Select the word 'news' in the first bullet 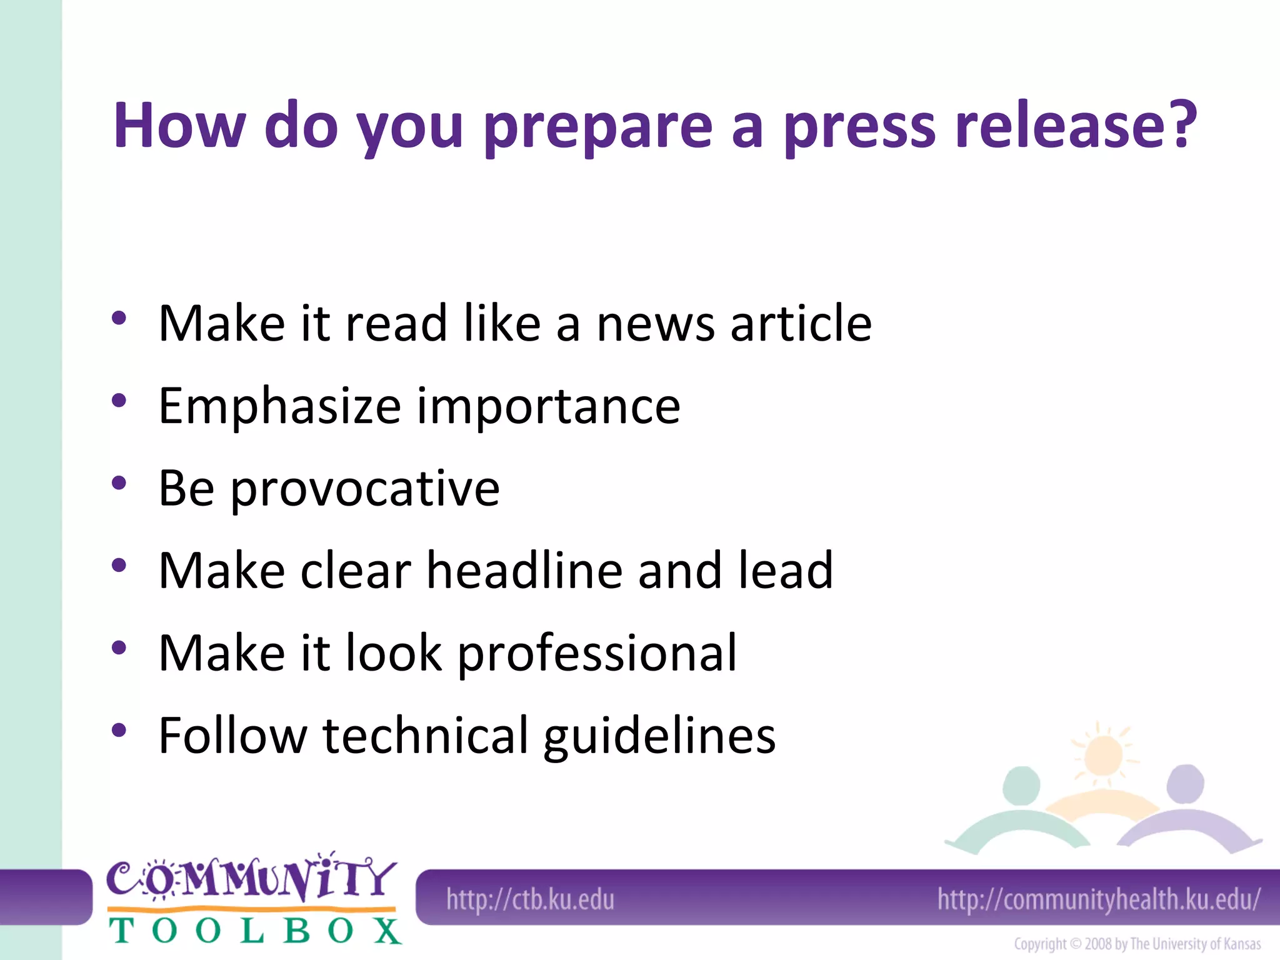click(655, 325)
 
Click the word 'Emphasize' click(279, 407)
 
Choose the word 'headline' click(524, 571)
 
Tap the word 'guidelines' click(659, 737)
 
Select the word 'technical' click(426, 736)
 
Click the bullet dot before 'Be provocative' click(119, 482)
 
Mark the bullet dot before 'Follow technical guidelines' click(119, 729)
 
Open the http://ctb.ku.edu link click(530, 900)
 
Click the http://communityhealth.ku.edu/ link click(1099, 900)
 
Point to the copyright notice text click(1137, 944)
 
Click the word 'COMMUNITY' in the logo click(251, 878)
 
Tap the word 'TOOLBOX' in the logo click(255, 931)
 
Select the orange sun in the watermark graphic click(1103, 756)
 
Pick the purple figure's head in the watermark click(1185, 784)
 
